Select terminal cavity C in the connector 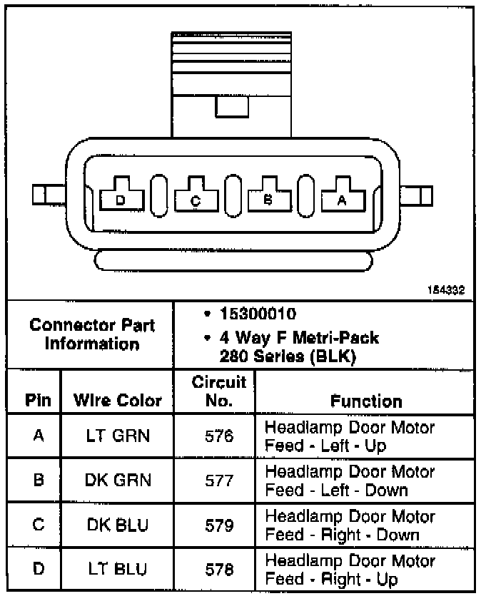195,199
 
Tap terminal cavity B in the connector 268,199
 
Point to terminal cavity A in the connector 341,199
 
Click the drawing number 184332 446,290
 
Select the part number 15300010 261,314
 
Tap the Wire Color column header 118,401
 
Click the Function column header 365,401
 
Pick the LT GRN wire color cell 118,436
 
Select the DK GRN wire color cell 118,480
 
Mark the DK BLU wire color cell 118,525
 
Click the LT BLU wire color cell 118,570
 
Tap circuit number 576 218,436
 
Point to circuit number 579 218,525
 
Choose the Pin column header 38,401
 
